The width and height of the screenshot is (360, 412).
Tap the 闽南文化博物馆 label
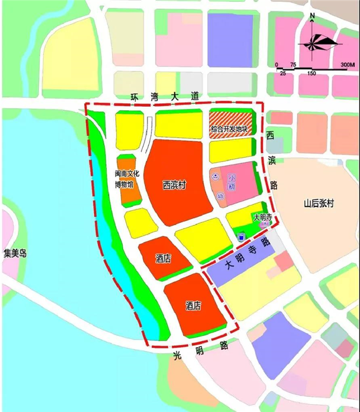coord(123,179)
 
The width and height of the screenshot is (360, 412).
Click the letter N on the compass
coord(312,17)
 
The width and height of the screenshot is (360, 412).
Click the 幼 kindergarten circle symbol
coord(220,195)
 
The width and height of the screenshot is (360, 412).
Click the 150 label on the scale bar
coord(311,73)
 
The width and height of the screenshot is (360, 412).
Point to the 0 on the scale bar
coord(276,64)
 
